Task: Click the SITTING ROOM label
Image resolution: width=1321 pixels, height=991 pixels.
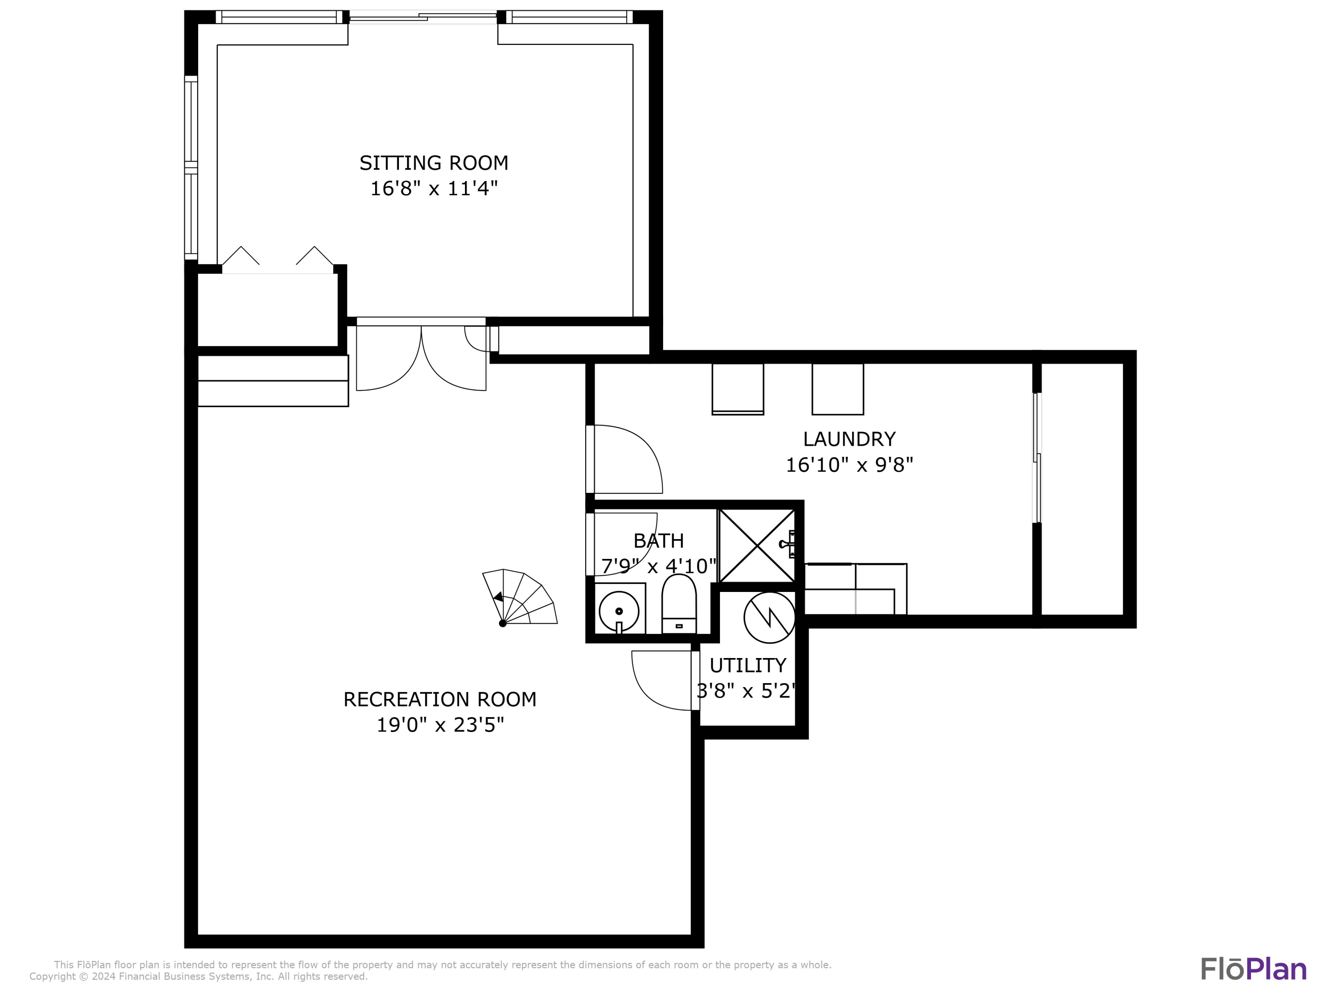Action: pos(434,163)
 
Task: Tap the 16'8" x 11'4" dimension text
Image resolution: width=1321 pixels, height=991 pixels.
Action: pos(434,189)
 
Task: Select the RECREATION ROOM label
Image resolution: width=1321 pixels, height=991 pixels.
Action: pos(439,699)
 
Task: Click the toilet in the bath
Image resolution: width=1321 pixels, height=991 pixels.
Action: pos(679,603)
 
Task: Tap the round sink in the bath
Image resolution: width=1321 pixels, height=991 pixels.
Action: pos(619,610)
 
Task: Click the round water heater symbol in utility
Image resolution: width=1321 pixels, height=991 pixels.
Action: pos(769,617)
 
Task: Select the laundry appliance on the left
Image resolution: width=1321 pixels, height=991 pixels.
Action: pos(738,388)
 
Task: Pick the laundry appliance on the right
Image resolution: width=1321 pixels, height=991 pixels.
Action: pos(837,388)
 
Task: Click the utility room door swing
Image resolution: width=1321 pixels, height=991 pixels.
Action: pos(663,681)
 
